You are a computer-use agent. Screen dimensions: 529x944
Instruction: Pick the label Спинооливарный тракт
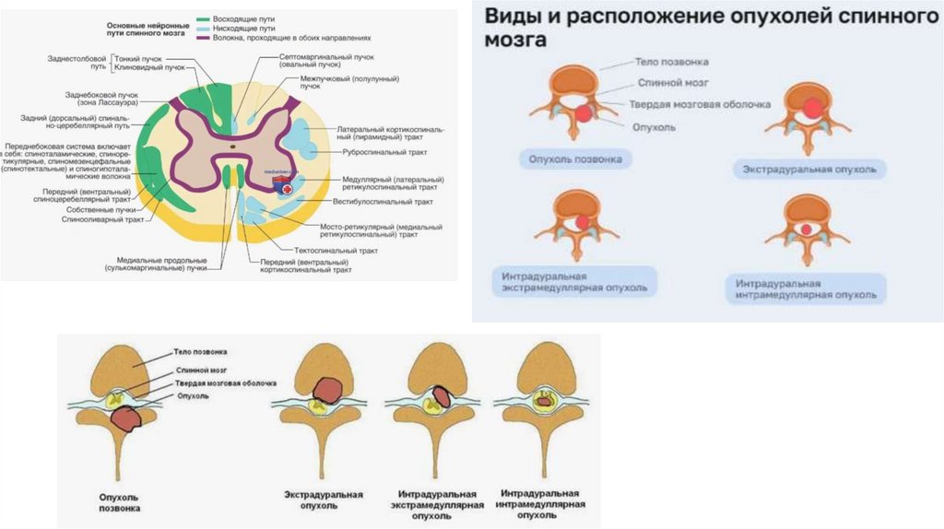pyautogui.click(x=102, y=220)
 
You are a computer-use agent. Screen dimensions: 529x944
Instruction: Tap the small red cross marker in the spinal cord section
pyautogui.click(x=289, y=189)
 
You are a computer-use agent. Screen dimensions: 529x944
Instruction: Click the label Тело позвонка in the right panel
pyautogui.click(x=672, y=63)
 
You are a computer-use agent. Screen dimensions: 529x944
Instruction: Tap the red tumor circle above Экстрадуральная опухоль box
pyautogui.click(x=811, y=108)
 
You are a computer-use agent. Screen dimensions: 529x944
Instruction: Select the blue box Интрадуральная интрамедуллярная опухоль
pyautogui.click(x=806, y=288)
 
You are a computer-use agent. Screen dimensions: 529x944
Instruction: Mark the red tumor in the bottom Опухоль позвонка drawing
pyautogui.click(x=125, y=419)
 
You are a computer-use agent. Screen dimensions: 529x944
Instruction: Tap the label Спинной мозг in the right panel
pyautogui.click(x=668, y=83)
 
